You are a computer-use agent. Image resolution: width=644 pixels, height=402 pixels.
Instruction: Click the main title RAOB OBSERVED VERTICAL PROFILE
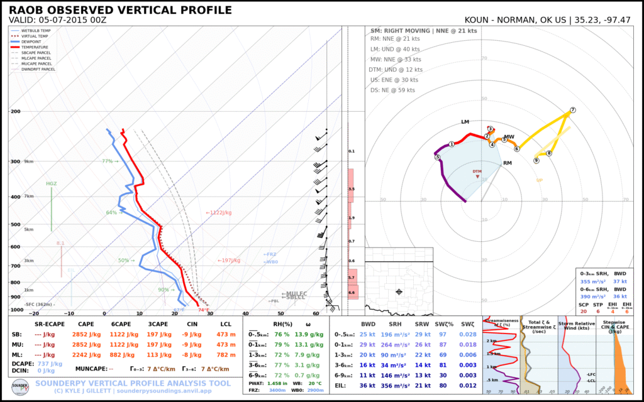[x=120, y=10]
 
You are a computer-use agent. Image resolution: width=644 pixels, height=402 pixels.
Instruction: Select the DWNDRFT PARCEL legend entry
[x=38, y=69]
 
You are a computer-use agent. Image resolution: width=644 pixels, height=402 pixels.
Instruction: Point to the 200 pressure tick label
[x=15, y=111]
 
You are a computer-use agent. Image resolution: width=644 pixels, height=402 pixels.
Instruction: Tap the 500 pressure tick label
[x=15, y=225]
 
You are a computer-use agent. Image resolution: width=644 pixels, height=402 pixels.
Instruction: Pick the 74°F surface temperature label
[x=203, y=310]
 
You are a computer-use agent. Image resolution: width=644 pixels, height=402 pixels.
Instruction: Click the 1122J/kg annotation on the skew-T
[x=219, y=213]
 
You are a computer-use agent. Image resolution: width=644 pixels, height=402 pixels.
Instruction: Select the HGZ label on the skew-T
[x=51, y=183]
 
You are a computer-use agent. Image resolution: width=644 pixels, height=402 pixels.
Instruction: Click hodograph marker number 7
[x=572, y=111]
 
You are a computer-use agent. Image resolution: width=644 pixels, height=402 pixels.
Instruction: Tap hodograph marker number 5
[x=437, y=157]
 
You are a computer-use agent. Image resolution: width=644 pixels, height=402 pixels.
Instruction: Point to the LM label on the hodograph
[x=465, y=122]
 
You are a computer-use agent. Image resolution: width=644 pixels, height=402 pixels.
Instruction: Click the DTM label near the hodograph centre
[x=477, y=171]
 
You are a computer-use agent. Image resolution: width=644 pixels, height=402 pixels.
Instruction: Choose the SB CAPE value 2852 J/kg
[x=88, y=334]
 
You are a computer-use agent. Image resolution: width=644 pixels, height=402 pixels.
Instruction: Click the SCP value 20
[x=584, y=312]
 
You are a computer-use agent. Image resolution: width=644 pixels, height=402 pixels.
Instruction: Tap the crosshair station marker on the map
[x=399, y=291]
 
